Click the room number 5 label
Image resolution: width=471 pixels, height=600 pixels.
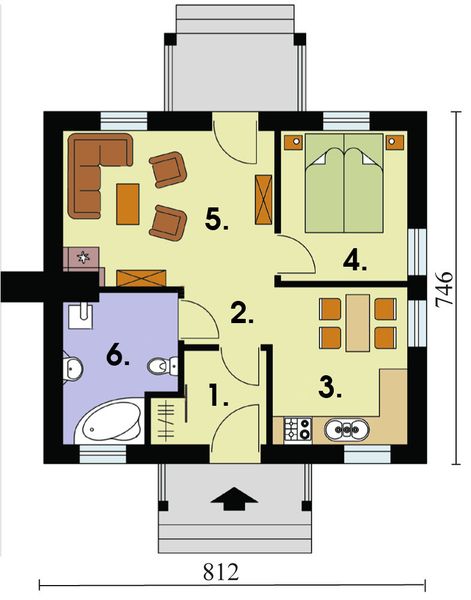[x=217, y=220]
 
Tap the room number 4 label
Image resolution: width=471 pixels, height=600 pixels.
[x=355, y=261]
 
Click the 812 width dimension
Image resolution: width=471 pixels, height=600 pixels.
[x=221, y=572]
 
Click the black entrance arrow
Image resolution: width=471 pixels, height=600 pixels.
[x=235, y=499]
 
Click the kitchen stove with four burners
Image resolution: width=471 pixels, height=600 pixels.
[x=298, y=429]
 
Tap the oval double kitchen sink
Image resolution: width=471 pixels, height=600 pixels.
[x=347, y=429]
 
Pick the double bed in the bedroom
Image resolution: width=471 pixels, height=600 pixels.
[x=344, y=183]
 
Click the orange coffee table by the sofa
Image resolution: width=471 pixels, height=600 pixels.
[x=128, y=204]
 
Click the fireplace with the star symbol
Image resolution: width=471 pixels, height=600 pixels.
[x=83, y=258]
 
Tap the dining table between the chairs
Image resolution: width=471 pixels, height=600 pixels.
[x=358, y=323]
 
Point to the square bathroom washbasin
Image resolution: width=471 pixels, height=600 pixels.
[x=81, y=316]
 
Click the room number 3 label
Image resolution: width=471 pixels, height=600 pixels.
[x=331, y=390]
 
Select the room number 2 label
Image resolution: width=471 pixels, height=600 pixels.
[x=241, y=313]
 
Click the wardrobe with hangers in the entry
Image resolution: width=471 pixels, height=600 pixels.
[x=167, y=421]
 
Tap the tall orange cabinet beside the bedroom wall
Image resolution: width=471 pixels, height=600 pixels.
[x=264, y=199]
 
